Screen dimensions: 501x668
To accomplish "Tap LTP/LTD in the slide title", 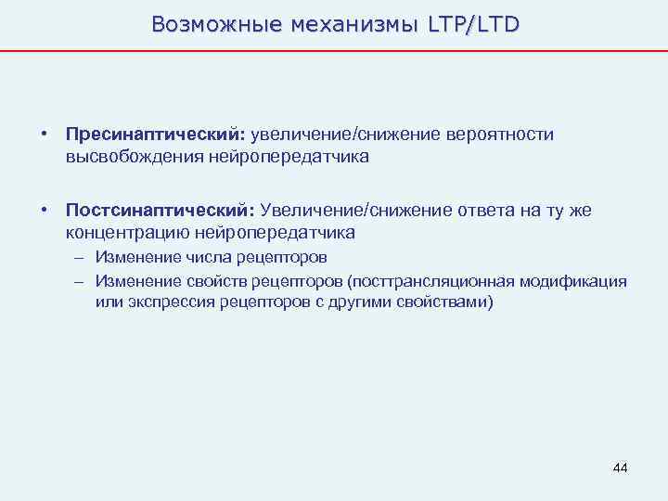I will (473, 24).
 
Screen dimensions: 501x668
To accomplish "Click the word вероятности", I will (502, 135).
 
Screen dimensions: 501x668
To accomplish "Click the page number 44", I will (620, 468).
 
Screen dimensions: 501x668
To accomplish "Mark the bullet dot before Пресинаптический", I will (44, 135).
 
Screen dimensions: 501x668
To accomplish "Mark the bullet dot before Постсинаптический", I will (44, 211).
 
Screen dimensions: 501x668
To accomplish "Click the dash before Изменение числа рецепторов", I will (82, 257).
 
